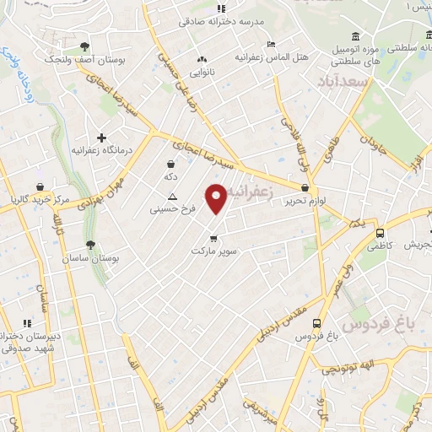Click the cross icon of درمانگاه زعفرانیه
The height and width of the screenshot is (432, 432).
click(102, 137)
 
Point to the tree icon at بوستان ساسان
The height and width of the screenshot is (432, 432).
click(90, 244)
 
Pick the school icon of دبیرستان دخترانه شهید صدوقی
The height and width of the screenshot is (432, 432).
click(27, 322)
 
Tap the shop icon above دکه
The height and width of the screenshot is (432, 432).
click(171, 165)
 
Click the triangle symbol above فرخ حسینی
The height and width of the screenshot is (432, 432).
click(172, 195)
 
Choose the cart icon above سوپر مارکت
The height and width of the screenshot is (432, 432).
click(213, 237)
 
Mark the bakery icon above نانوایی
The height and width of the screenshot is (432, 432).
click(201, 60)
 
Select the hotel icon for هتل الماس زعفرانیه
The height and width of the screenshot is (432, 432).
click(270, 45)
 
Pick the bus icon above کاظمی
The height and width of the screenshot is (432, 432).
click(380, 234)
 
